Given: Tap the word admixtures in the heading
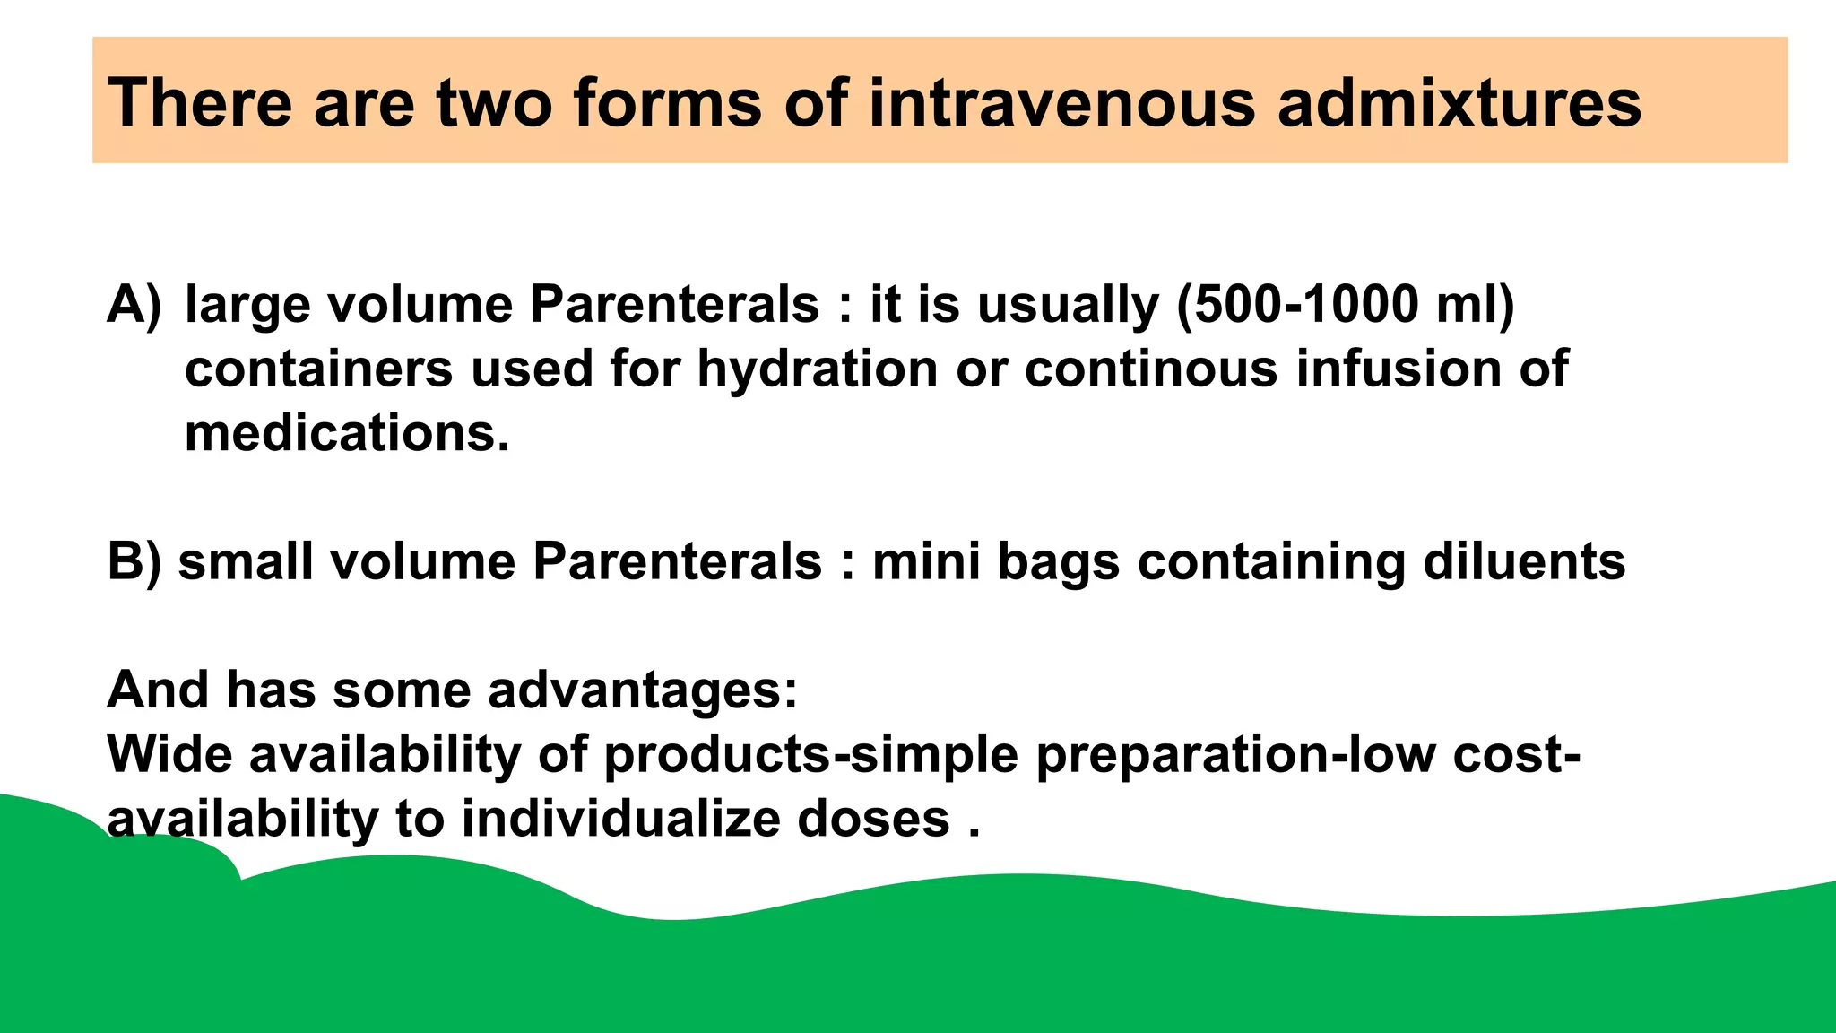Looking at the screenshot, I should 1459,102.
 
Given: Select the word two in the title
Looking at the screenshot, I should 492,102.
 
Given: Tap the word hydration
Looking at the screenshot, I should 817,369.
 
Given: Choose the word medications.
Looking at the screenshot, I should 347,434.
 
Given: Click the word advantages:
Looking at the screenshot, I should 642,690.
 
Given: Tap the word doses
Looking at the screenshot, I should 873,820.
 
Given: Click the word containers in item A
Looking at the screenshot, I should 318,369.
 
